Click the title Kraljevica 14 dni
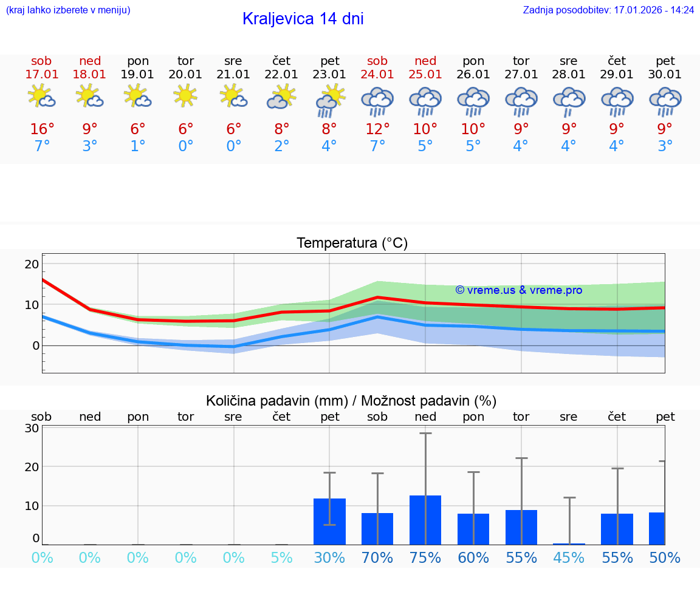tap(303, 19)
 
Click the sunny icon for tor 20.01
tap(185, 96)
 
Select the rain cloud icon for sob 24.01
tap(377, 101)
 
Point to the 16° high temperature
tap(42, 129)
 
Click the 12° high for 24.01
tap(377, 129)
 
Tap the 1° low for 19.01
tap(138, 146)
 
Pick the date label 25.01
tap(425, 75)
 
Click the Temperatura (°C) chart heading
tap(352, 243)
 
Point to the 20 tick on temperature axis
tap(32, 264)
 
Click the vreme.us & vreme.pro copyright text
tap(519, 290)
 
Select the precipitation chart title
tap(351, 401)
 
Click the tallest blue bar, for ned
tap(425, 520)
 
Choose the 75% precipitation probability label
tap(425, 558)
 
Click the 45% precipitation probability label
tap(569, 558)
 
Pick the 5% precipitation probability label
tap(281, 558)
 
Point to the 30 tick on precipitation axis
tap(32, 428)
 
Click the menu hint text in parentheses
tap(68, 10)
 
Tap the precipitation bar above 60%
tap(473, 529)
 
